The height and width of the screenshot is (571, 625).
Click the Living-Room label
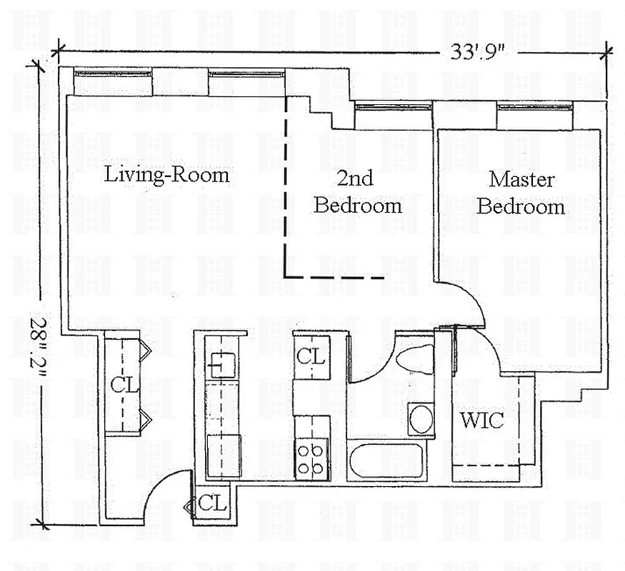coord(167,174)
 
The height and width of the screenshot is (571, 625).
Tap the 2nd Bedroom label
coord(357,193)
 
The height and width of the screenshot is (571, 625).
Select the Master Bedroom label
coord(521,193)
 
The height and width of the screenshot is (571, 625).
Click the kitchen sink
coord(222,365)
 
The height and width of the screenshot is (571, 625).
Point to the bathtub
coord(386,460)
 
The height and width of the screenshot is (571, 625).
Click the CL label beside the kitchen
coord(311,355)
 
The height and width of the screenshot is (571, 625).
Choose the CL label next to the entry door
coord(212,502)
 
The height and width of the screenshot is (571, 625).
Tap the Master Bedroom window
coord(535,107)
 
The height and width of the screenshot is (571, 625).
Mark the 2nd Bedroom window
coord(393,107)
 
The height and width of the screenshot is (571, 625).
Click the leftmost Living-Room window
coord(113,73)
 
